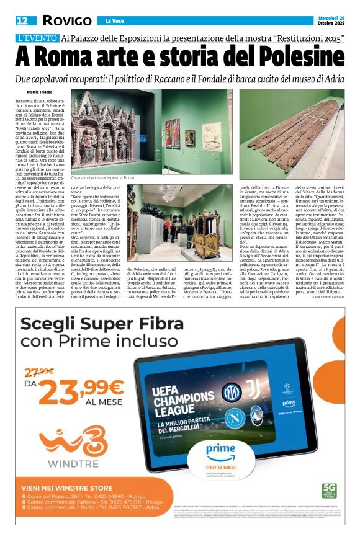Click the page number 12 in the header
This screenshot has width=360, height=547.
(22, 20)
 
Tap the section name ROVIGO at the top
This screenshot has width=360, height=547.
(66, 20)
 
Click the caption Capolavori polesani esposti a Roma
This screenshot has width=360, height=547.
(102, 177)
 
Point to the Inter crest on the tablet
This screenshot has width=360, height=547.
(232, 393)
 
